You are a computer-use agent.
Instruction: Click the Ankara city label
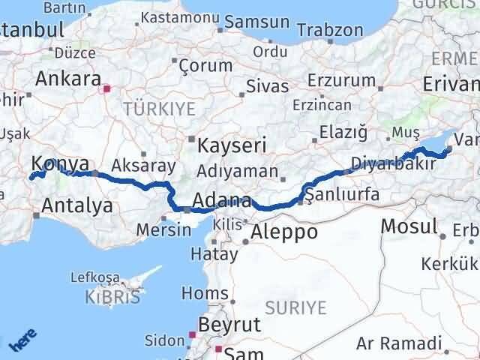pos(68,79)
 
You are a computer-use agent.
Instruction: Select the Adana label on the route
pos(221,201)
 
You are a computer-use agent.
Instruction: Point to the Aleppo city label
pos(284,231)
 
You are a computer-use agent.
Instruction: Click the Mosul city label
pos(409,225)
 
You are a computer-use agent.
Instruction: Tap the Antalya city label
pos(78,205)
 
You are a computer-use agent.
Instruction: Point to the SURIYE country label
pos(297,307)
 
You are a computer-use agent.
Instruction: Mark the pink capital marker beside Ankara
pos(106,88)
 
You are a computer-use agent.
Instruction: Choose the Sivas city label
pos(268,87)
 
